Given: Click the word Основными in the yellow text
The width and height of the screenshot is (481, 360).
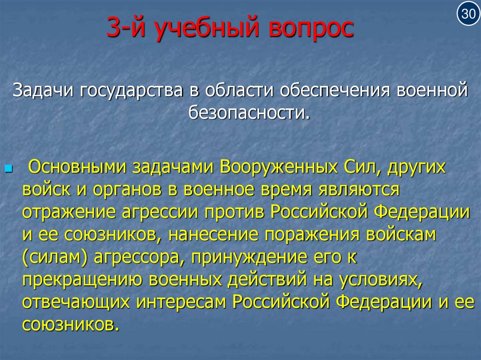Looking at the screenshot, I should click(77, 168).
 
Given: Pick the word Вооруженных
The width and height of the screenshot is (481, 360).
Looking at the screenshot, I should click(279, 168).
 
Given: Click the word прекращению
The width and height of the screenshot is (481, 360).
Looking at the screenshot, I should click(81, 279).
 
